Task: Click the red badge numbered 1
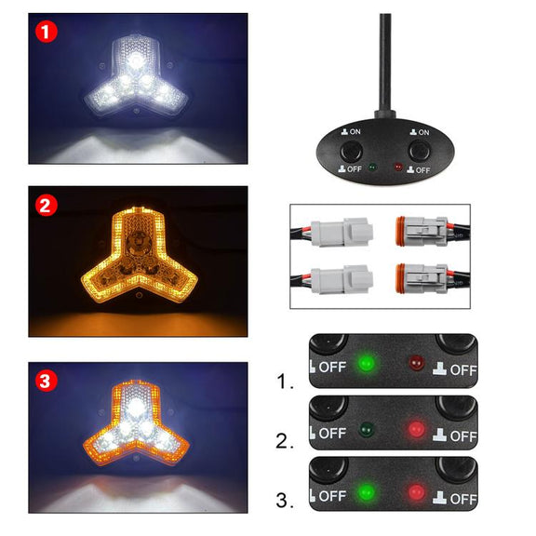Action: tap(47, 32)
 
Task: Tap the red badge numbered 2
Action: tap(47, 205)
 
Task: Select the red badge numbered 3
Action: tap(47, 381)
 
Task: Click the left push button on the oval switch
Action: tap(351, 150)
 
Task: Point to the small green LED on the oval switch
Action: tap(372, 167)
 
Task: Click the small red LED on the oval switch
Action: tap(398, 167)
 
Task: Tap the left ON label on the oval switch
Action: tap(351, 131)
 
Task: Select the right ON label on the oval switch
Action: tap(420, 132)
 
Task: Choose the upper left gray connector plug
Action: tap(342, 232)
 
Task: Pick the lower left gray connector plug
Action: tap(342, 279)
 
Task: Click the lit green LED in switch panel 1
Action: tap(366, 362)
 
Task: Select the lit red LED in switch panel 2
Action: tap(416, 429)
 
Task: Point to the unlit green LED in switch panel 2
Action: tap(367, 429)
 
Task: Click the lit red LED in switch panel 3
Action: tap(416, 492)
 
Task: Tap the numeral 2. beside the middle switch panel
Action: tap(285, 441)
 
